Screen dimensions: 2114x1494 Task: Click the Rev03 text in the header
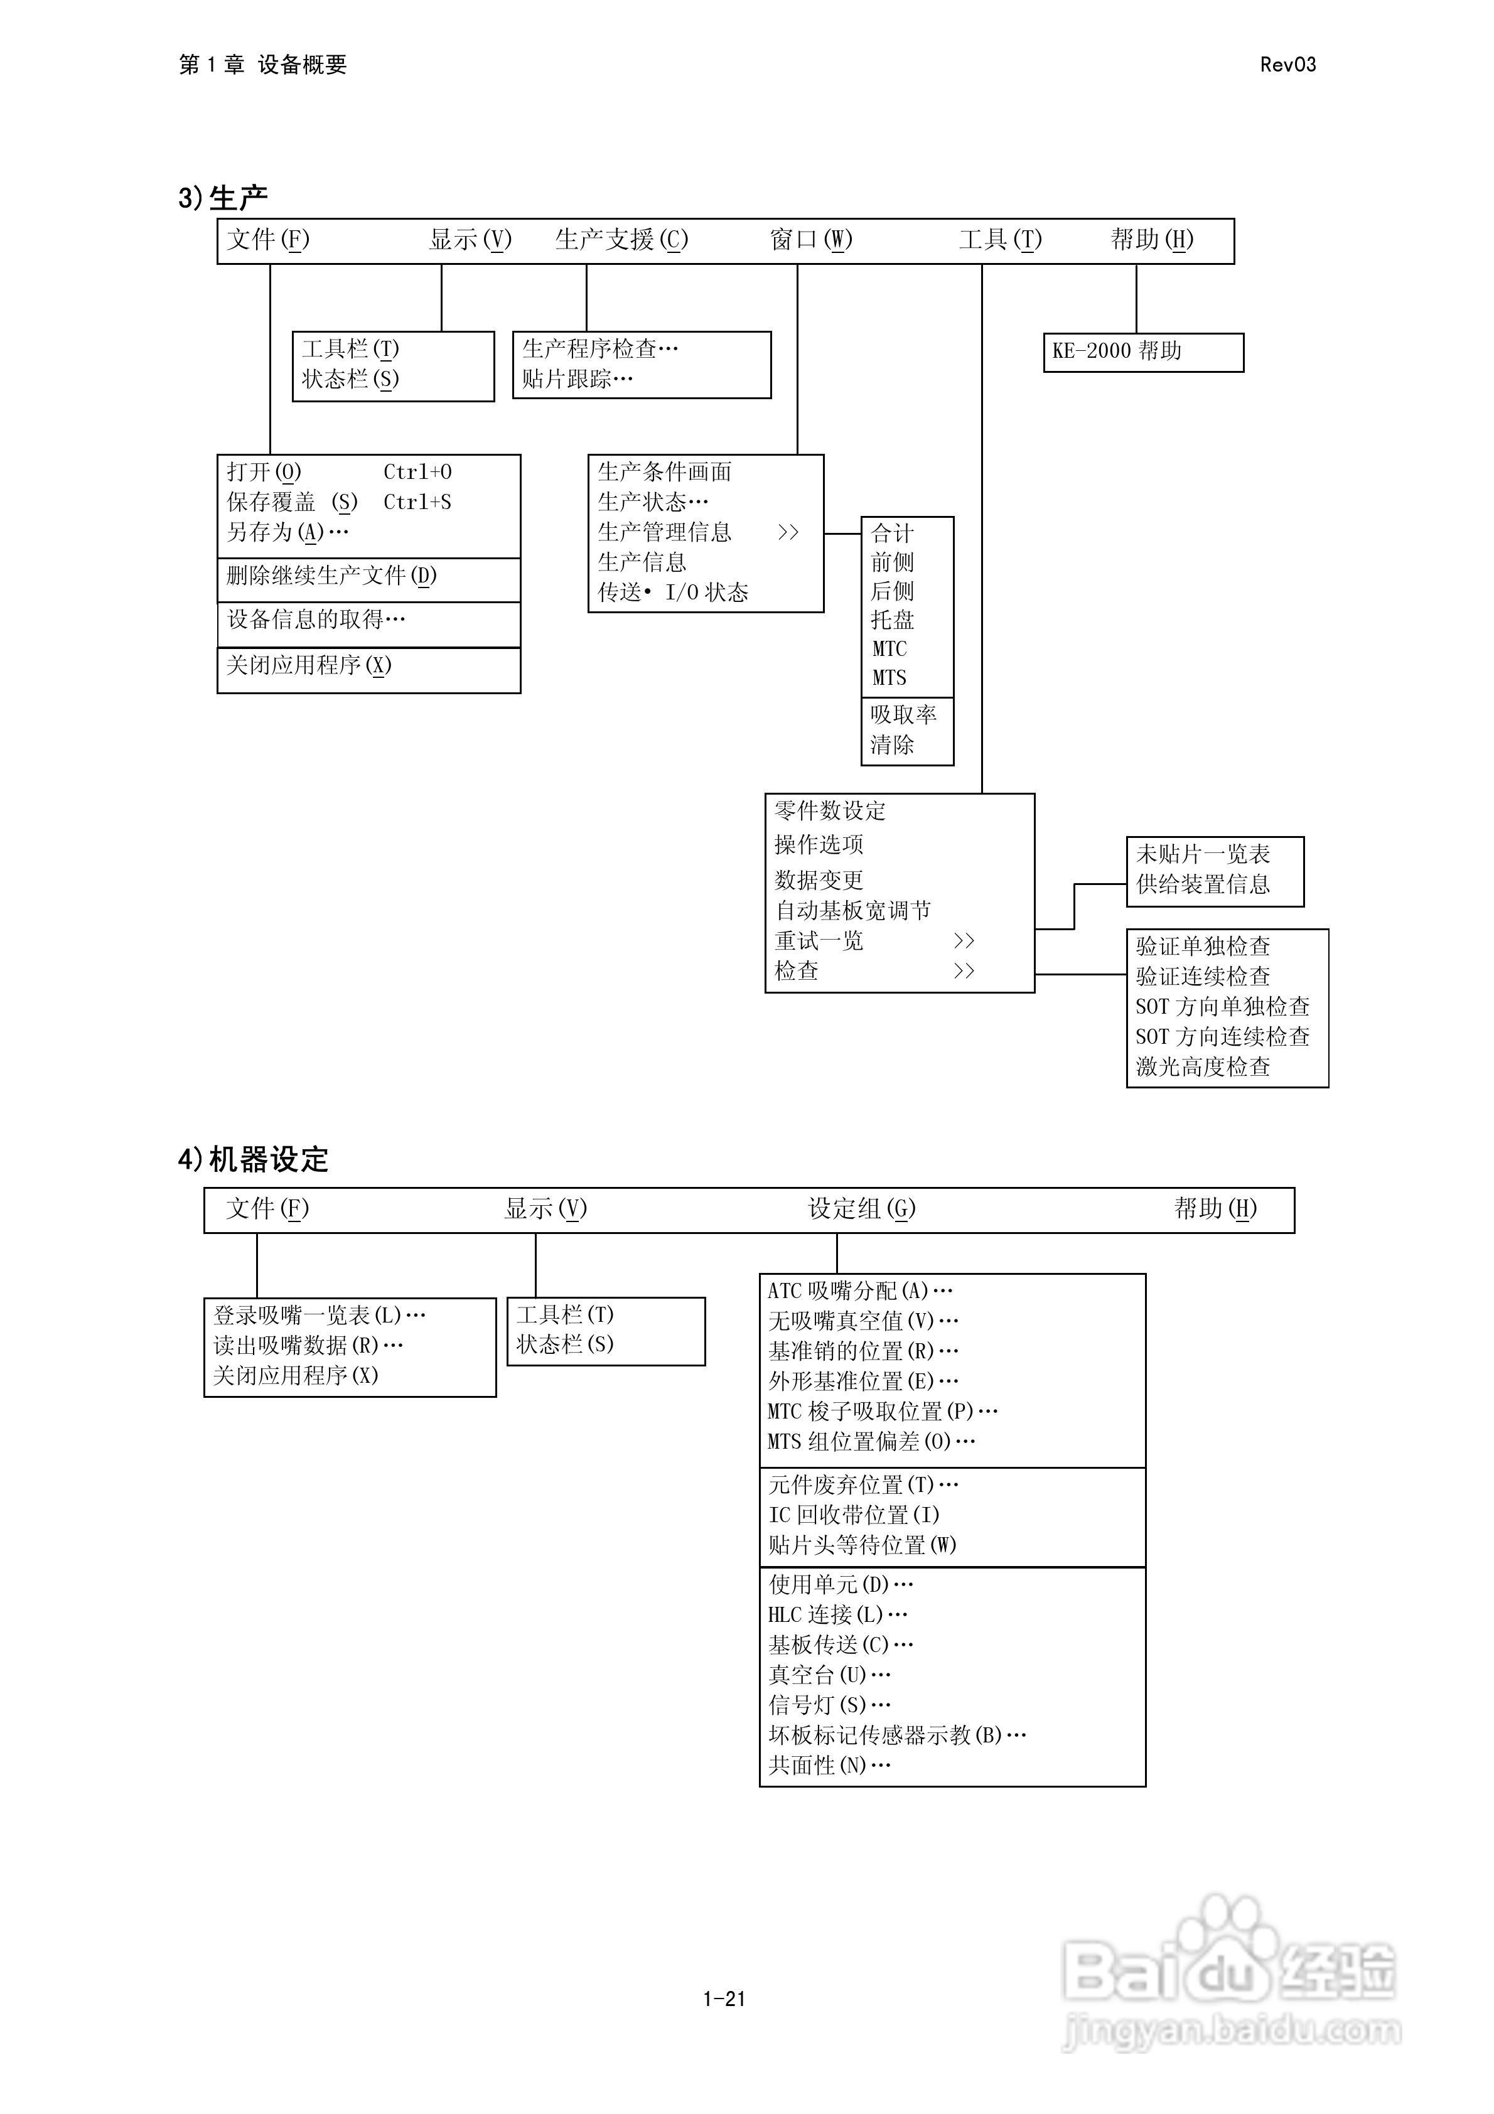[1287, 65]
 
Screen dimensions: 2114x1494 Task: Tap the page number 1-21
[723, 1998]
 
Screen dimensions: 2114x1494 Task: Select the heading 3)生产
[223, 197]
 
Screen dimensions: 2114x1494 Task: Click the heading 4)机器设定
[254, 1159]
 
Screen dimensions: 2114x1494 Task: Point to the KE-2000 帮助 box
[1142, 351]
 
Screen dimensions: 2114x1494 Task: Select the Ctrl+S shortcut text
[417, 502]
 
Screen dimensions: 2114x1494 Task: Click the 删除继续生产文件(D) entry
[331, 576]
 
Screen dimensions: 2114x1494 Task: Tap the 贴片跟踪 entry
[577, 378]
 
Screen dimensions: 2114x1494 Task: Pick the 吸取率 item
[903, 714]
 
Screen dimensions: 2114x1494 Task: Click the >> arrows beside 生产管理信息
[788, 532]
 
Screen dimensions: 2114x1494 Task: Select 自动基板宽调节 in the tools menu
[852, 911]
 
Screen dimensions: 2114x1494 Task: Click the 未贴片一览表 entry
[1202, 854]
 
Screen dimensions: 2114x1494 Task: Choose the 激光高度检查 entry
[1202, 1067]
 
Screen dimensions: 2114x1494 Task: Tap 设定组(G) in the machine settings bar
[861, 1209]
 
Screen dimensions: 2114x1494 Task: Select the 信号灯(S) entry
[829, 1704]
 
